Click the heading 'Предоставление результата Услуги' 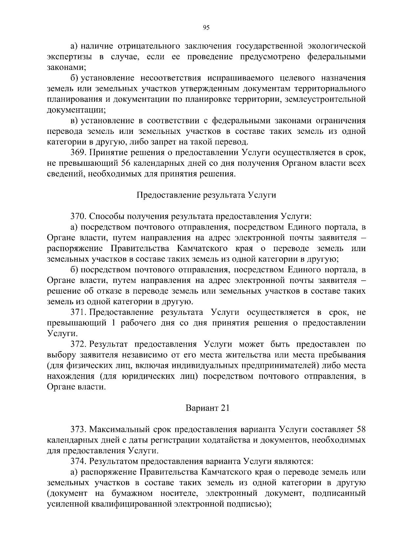pyautogui.click(x=206, y=195)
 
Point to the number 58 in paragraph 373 pyautogui.click(x=361, y=429)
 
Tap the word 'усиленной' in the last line pyautogui.click(x=64, y=504)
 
